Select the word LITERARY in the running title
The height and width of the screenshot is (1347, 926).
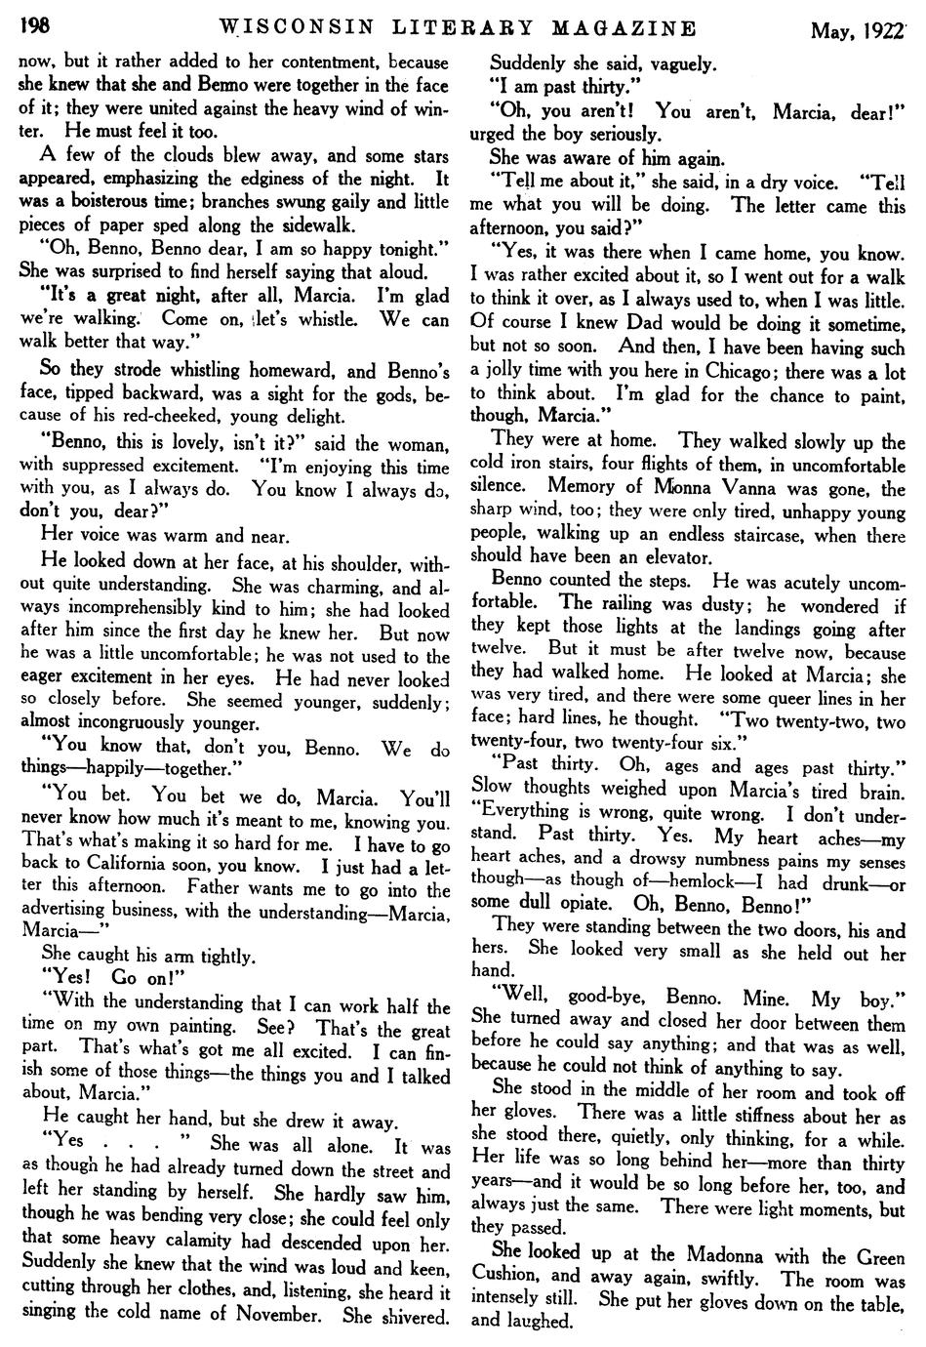coord(442,27)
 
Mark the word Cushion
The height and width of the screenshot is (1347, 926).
coord(505,1275)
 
